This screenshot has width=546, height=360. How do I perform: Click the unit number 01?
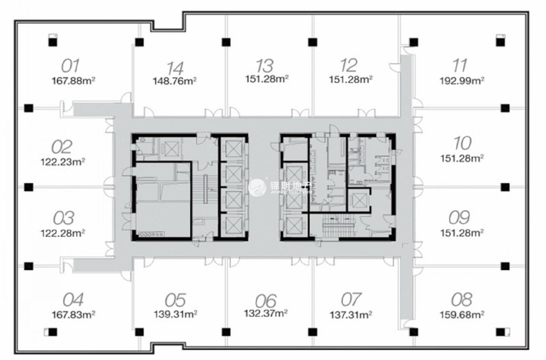click(70, 66)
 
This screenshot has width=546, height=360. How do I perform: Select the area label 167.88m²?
click(73, 81)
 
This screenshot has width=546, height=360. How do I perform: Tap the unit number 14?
click(175, 68)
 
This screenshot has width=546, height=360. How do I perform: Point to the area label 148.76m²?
click(174, 81)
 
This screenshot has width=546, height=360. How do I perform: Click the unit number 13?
click(265, 66)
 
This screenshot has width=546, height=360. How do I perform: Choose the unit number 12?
click(349, 66)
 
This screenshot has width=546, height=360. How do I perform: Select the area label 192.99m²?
click(462, 81)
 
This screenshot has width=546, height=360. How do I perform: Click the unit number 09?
click(459, 217)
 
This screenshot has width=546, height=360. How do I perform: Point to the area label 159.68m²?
click(462, 315)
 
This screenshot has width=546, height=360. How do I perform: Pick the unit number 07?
click(351, 300)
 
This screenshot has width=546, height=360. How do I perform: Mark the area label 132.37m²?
click(266, 313)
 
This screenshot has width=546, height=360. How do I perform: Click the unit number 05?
click(175, 300)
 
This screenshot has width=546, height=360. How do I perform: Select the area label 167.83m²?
click(73, 315)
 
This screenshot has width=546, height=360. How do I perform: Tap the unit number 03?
click(64, 218)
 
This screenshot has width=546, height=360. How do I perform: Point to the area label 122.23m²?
click(63, 162)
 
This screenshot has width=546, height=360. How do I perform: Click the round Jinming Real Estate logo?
click(257, 187)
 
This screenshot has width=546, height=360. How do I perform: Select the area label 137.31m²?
click(351, 315)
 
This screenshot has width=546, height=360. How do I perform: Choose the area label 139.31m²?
click(175, 314)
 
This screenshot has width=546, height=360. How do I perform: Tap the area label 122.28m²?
click(63, 233)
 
